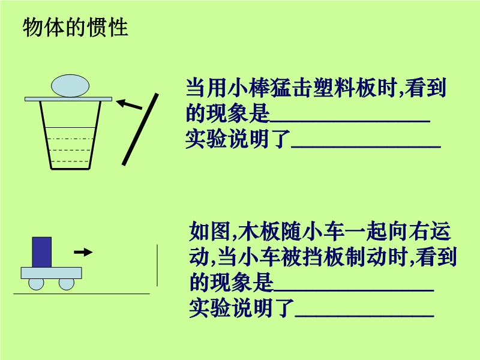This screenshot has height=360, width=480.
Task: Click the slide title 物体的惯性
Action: (x=75, y=28)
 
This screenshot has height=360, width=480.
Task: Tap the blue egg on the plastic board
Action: (x=71, y=86)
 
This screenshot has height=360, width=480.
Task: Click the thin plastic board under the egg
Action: (x=68, y=98)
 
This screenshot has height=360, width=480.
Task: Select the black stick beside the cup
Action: (x=140, y=130)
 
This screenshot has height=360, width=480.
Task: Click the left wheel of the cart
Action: (x=35, y=283)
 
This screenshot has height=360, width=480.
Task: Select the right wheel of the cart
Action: (x=67, y=283)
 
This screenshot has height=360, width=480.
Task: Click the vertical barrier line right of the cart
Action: (x=158, y=265)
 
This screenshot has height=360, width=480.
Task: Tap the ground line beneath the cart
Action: (x=81, y=293)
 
